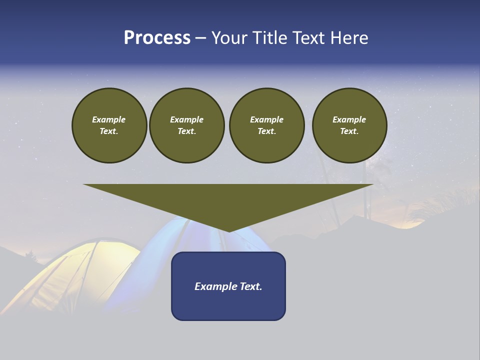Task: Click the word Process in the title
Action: (x=157, y=38)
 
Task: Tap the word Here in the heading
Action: (x=349, y=38)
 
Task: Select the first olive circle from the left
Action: (x=109, y=125)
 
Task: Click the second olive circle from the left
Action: (x=186, y=125)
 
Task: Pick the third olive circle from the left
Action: (x=266, y=125)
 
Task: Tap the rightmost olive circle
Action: (x=349, y=125)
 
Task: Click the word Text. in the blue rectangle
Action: (x=251, y=286)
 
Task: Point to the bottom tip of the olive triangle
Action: (x=228, y=230)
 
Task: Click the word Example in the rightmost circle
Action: (x=349, y=119)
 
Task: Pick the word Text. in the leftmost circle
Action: (x=109, y=131)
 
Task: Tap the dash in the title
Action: (x=200, y=38)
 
